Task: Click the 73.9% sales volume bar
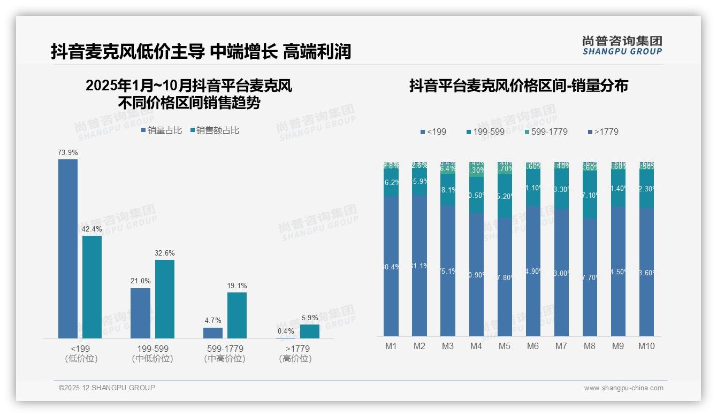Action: tap(68, 249)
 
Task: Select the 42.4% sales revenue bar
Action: tap(92, 287)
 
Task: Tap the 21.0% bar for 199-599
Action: tap(140, 313)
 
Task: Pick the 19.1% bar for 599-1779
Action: tap(237, 315)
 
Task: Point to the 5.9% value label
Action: tap(310, 318)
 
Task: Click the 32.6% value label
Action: tap(165, 253)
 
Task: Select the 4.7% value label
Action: tap(213, 321)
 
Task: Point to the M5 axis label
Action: tap(505, 346)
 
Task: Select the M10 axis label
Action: tap(646, 346)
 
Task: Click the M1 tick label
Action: tap(391, 346)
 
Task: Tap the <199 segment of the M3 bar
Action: tap(448, 271)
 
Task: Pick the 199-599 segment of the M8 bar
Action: tap(590, 196)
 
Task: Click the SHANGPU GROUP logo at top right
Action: tap(622, 45)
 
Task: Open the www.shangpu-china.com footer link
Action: tap(623, 388)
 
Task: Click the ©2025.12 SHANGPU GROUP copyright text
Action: tap(107, 388)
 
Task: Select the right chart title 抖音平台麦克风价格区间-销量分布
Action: tap(518, 86)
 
